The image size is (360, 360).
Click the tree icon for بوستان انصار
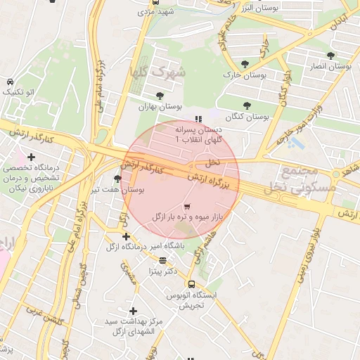330,56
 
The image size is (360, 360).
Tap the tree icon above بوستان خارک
244,64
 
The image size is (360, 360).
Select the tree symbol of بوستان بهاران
160,96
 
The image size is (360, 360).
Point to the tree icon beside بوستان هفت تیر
117,179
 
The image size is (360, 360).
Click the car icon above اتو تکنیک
10,82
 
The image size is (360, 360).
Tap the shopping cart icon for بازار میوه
186,207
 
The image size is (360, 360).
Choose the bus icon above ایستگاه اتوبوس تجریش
191,284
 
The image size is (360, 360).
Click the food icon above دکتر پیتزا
162,259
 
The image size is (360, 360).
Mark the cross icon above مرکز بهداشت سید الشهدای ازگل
133,310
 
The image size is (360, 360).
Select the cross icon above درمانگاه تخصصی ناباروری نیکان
31,157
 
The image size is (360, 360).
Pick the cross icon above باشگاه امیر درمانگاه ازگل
126,236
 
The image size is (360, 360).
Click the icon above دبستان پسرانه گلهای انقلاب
198,119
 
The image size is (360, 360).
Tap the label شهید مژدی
155,12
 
